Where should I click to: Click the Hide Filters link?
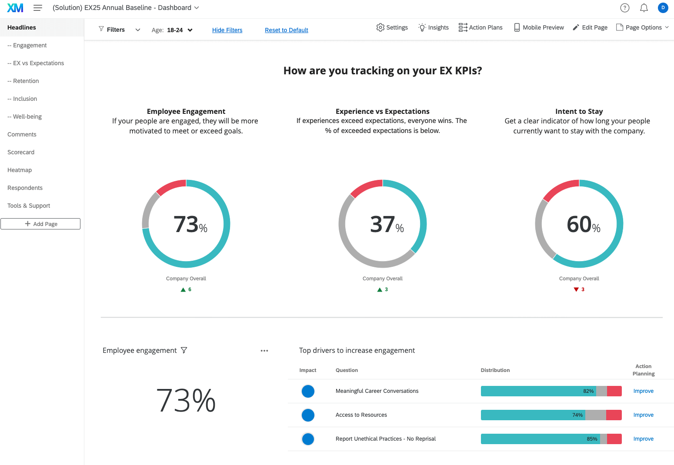click(x=227, y=30)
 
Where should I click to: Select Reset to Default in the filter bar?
click(x=286, y=30)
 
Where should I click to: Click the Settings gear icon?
click(x=380, y=27)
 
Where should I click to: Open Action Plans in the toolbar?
click(x=480, y=27)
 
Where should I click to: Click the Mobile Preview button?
click(x=539, y=27)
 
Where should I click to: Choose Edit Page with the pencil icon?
click(x=590, y=27)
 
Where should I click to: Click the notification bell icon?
click(x=644, y=8)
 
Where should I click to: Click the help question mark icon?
click(x=625, y=8)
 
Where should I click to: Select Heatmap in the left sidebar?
click(x=20, y=170)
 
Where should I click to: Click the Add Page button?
click(x=40, y=224)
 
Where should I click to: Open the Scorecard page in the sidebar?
click(x=21, y=152)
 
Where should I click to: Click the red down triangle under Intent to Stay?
click(x=576, y=289)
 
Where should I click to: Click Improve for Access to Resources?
click(x=643, y=415)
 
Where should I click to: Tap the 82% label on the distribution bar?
click(x=588, y=391)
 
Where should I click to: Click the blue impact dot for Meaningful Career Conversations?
click(x=308, y=391)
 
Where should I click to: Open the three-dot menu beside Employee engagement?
click(x=264, y=351)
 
